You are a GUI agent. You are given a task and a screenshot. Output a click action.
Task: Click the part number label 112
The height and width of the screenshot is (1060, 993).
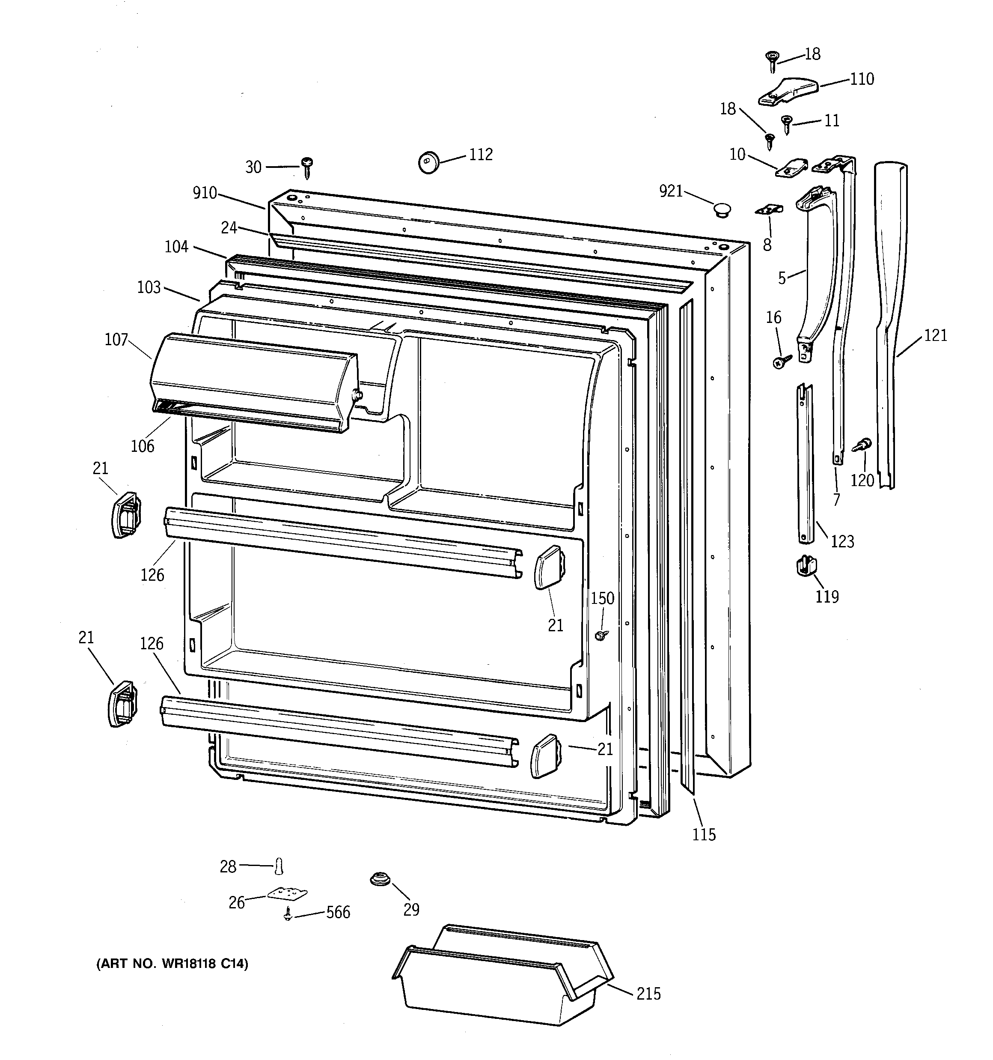(x=480, y=154)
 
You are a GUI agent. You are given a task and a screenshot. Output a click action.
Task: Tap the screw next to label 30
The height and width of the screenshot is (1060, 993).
(x=307, y=167)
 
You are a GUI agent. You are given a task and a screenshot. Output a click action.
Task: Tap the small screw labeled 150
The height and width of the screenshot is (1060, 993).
(x=602, y=635)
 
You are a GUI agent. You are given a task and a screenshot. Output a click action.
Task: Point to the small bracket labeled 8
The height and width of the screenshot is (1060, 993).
(x=769, y=210)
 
